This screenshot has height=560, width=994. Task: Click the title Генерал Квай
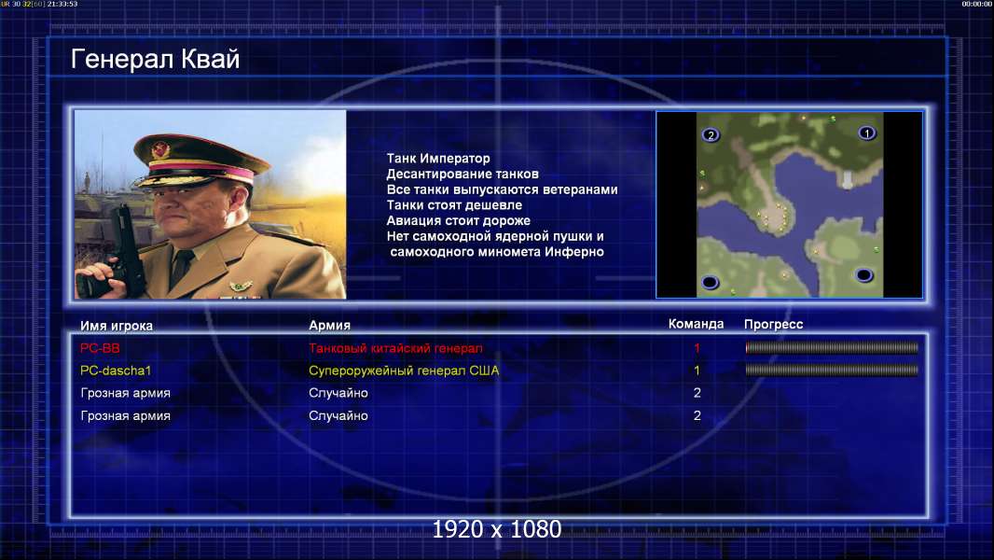pyautogui.click(x=156, y=59)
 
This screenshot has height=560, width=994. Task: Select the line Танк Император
pyautogui.click(x=438, y=159)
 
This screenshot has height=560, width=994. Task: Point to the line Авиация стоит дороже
pyautogui.click(x=459, y=220)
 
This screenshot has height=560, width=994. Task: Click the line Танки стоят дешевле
pyautogui.click(x=454, y=204)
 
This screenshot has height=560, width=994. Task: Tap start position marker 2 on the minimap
pyautogui.click(x=711, y=135)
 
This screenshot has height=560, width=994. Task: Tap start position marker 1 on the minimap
pyautogui.click(x=866, y=133)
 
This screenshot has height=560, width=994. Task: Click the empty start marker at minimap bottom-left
pyautogui.click(x=710, y=282)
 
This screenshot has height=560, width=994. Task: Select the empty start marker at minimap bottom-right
pyautogui.click(x=864, y=274)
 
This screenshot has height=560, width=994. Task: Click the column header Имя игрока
pyautogui.click(x=116, y=326)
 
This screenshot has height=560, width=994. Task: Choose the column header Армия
pyautogui.click(x=330, y=326)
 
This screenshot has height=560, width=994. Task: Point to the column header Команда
pyautogui.click(x=696, y=324)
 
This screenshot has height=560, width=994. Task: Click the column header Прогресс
pyautogui.click(x=773, y=324)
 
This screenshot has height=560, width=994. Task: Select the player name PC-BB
pyautogui.click(x=100, y=348)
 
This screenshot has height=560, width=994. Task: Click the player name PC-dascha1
pyautogui.click(x=116, y=371)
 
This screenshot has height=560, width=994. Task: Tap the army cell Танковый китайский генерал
pyautogui.click(x=395, y=348)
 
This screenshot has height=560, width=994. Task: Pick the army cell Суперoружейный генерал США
pyautogui.click(x=404, y=371)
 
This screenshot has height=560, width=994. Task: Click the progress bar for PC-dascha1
pyautogui.click(x=832, y=370)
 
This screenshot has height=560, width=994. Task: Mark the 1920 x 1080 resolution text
pyautogui.click(x=496, y=529)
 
